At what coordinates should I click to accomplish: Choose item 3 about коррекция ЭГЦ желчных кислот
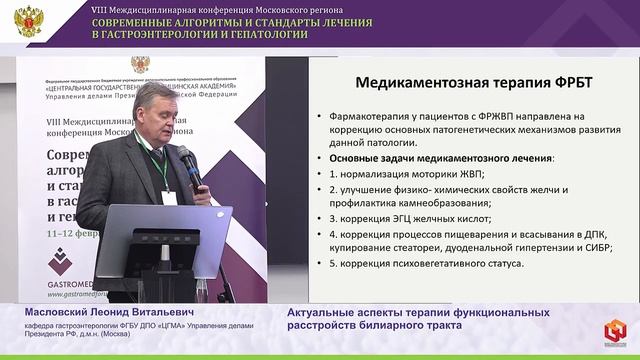[411, 218]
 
